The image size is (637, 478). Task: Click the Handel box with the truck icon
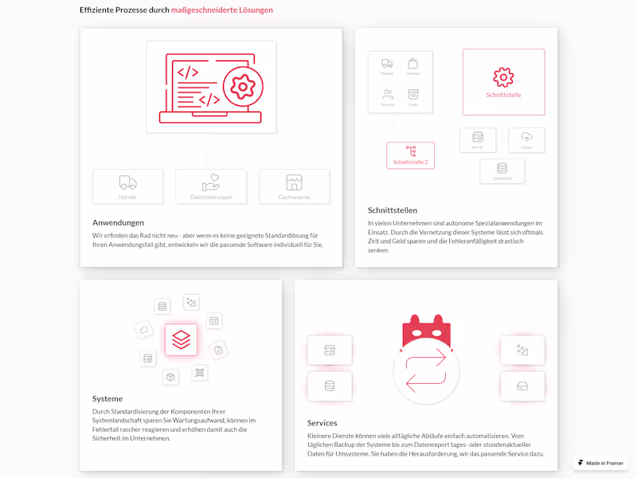pyautogui.click(x=127, y=186)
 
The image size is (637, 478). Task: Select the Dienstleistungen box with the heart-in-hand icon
pyautogui.click(x=211, y=186)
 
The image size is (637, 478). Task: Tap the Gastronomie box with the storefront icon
pyautogui.click(x=294, y=186)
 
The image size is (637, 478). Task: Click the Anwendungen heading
pyautogui.click(x=118, y=222)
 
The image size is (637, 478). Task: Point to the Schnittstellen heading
pyautogui.click(x=392, y=210)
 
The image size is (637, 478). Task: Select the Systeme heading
pyautogui.click(x=107, y=398)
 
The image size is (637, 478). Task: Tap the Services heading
pyautogui.click(x=322, y=423)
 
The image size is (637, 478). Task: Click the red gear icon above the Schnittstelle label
pyautogui.click(x=503, y=76)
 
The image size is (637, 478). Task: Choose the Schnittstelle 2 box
pyautogui.click(x=410, y=155)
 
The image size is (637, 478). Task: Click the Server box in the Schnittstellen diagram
pyautogui.click(x=478, y=139)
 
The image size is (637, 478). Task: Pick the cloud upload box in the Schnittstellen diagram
pyautogui.click(x=526, y=139)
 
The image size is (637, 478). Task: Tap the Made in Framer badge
pyautogui.click(x=601, y=463)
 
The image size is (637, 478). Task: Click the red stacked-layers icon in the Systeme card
pyautogui.click(x=181, y=339)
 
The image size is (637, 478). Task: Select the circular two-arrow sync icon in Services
pyautogui.click(x=426, y=371)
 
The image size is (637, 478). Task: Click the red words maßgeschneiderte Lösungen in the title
pyautogui.click(x=221, y=10)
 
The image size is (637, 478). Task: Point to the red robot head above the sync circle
pyautogui.click(x=426, y=330)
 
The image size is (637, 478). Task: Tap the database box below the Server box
pyautogui.click(x=502, y=170)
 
